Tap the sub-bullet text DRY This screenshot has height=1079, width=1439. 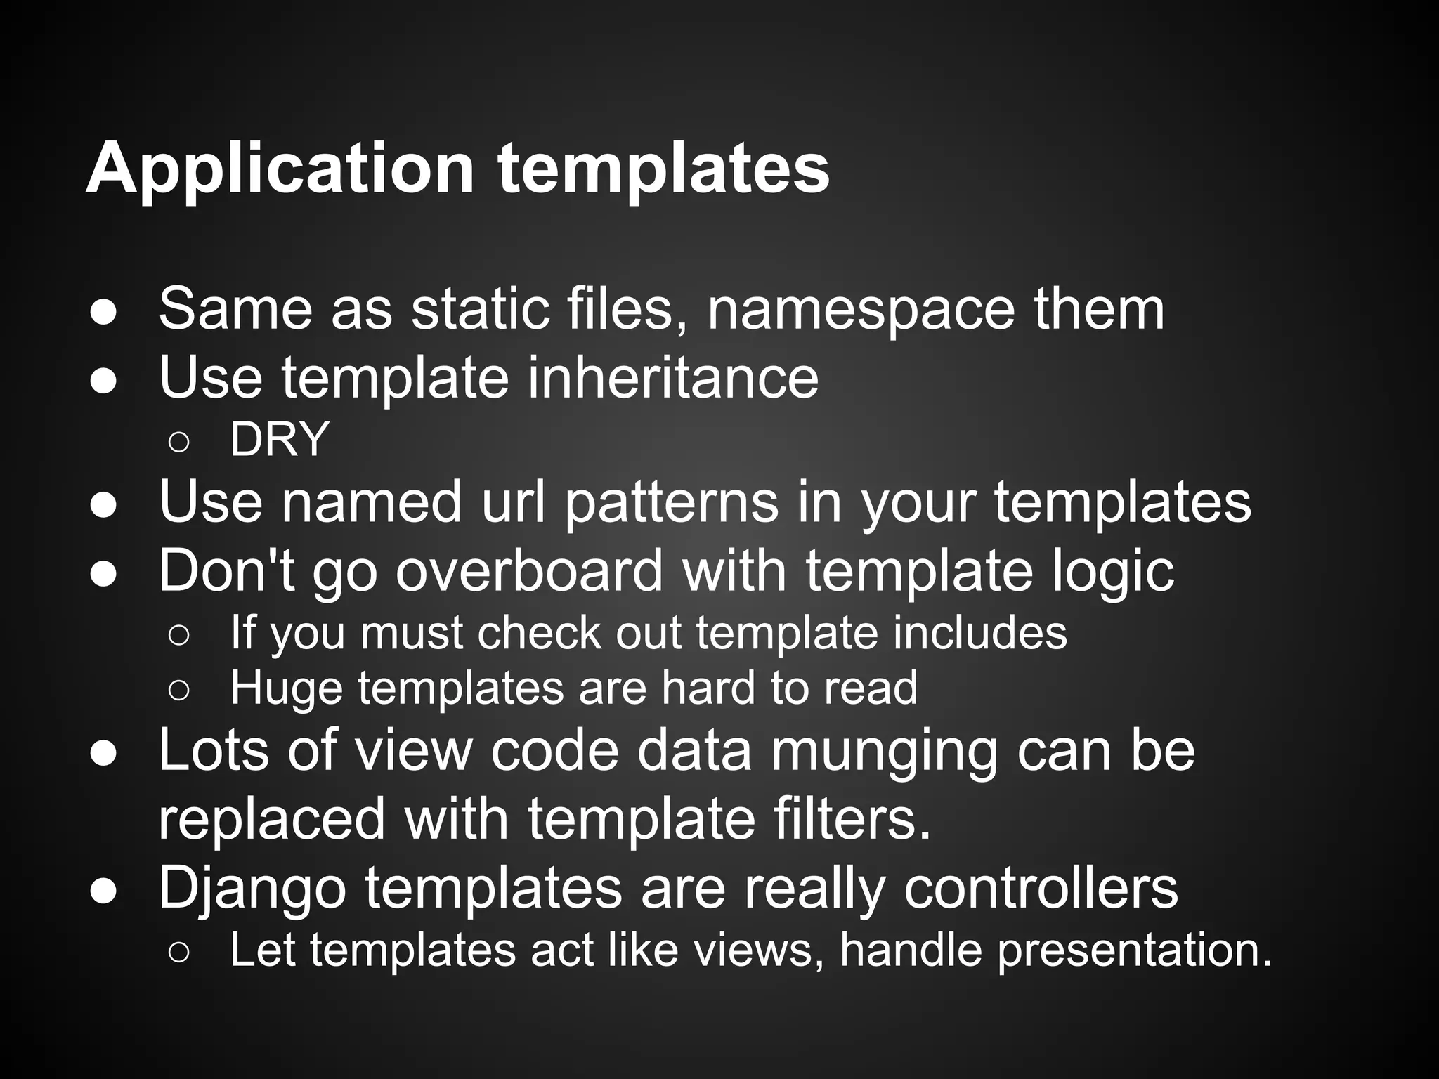280,440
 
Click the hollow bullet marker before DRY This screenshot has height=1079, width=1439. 178,442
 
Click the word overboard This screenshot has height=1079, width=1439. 528,570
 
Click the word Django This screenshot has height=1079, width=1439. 252,888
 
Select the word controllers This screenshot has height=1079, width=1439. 1040,888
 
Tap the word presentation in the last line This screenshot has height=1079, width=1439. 1133,950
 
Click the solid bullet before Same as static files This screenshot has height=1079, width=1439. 103,313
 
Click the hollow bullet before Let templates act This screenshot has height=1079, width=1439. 178,953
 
